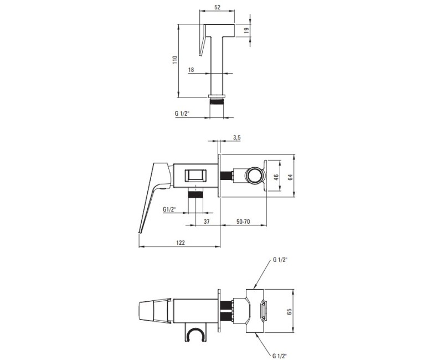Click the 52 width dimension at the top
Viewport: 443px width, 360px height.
coord(217,7)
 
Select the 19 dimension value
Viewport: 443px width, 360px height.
coord(246,30)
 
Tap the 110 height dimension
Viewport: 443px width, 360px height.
coord(174,60)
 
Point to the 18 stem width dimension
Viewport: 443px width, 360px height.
coord(191,70)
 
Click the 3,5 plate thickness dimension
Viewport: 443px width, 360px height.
coord(237,137)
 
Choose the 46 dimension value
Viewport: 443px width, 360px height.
coord(276,177)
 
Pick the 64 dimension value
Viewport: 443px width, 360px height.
coord(290,177)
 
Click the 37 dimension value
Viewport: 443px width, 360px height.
coord(207,222)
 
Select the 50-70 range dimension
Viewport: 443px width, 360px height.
coord(243,222)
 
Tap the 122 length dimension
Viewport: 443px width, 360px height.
coord(181,243)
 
